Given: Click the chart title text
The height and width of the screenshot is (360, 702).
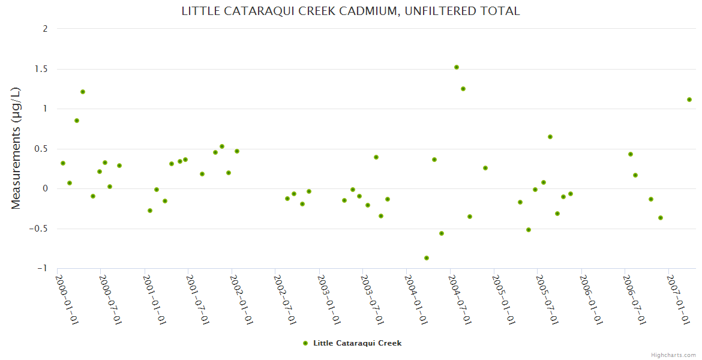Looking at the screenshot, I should [x=350, y=11].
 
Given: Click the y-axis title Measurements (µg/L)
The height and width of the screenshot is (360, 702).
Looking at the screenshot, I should [x=16, y=148].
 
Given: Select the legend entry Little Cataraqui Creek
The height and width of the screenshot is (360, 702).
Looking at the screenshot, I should [x=357, y=343].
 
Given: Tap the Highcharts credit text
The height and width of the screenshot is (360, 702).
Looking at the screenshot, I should [x=673, y=355].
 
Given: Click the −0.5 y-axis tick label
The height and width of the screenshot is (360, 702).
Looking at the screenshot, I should [x=41, y=229].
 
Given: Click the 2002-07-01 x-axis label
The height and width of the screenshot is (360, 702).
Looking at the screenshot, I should [x=285, y=300].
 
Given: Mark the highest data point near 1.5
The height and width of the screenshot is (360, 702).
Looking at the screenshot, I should [x=457, y=67].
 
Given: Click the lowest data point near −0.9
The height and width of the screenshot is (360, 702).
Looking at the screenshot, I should [x=427, y=258].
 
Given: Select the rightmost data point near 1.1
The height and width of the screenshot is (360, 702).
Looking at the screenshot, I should [x=689, y=100].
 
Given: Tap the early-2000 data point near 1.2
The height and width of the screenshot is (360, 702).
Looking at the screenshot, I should [x=83, y=92].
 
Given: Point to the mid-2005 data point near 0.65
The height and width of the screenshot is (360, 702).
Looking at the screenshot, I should [x=550, y=137].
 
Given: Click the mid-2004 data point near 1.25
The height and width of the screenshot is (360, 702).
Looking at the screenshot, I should [x=463, y=89].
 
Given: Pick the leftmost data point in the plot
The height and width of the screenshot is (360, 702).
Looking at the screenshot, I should [x=63, y=163].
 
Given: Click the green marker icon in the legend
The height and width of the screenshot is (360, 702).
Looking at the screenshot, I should [x=305, y=343].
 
